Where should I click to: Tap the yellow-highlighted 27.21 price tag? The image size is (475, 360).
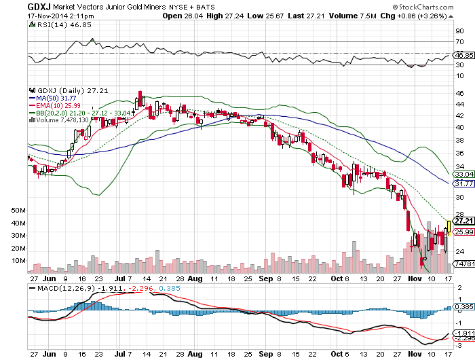tap(463, 221)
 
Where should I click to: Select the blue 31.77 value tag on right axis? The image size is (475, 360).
tap(463, 183)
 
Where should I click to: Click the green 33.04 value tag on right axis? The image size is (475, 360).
tap(463, 175)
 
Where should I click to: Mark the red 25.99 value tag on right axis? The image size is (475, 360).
tap(463, 232)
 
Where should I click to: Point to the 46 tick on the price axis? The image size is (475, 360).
tap(459, 92)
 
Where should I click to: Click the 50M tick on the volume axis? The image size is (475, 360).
tap(18, 211)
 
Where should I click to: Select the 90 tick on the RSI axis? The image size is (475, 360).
tap(459, 31)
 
